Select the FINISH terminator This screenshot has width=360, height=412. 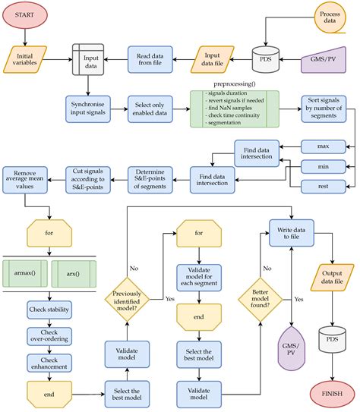point(331,394)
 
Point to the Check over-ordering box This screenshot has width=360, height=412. point(49,338)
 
